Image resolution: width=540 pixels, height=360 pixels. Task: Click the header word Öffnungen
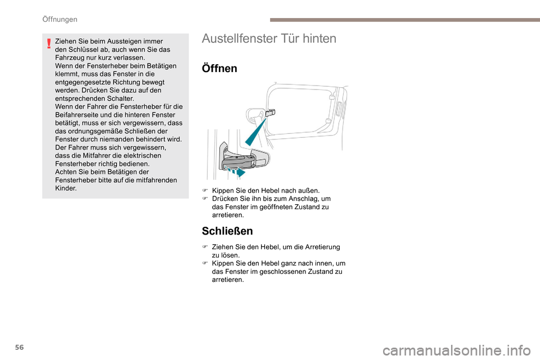[x=60, y=19]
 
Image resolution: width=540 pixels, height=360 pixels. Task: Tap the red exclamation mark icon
[x=49, y=43]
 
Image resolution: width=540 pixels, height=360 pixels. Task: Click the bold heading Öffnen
[x=219, y=69]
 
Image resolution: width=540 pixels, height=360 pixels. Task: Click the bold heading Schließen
[x=227, y=231]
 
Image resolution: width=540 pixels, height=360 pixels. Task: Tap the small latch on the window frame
[x=270, y=112]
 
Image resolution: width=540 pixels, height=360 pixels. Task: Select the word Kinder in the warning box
[x=66, y=188]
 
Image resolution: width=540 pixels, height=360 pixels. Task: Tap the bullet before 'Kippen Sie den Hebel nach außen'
[x=205, y=191]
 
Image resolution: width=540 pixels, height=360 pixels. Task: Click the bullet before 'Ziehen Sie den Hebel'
[x=205, y=247]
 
